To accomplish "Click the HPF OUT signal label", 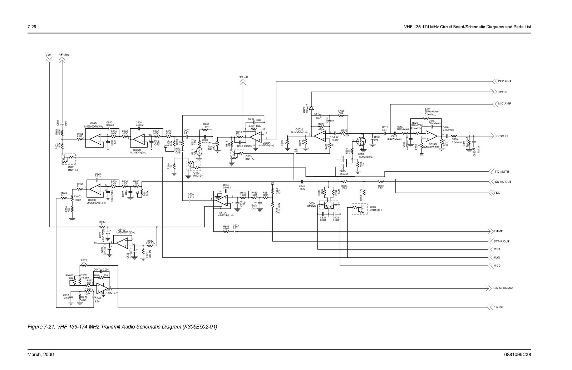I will [x=504, y=81].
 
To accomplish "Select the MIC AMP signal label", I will [x=504, y=104].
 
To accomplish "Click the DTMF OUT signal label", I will [x=502, y=241].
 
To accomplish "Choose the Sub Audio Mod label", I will [x=503, y=288].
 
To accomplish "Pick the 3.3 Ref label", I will [x=498, y=307].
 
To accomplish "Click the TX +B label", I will [x=243, y=77].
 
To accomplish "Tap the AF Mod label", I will [x=64, y=55].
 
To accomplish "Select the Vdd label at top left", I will [x=48, y=55].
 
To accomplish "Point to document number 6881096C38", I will [x=517, y=355].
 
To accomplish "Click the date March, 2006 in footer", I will [x=40, y=355].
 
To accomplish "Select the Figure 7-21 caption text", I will [x=122, y=327].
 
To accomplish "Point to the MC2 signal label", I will [x=497, y=266].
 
